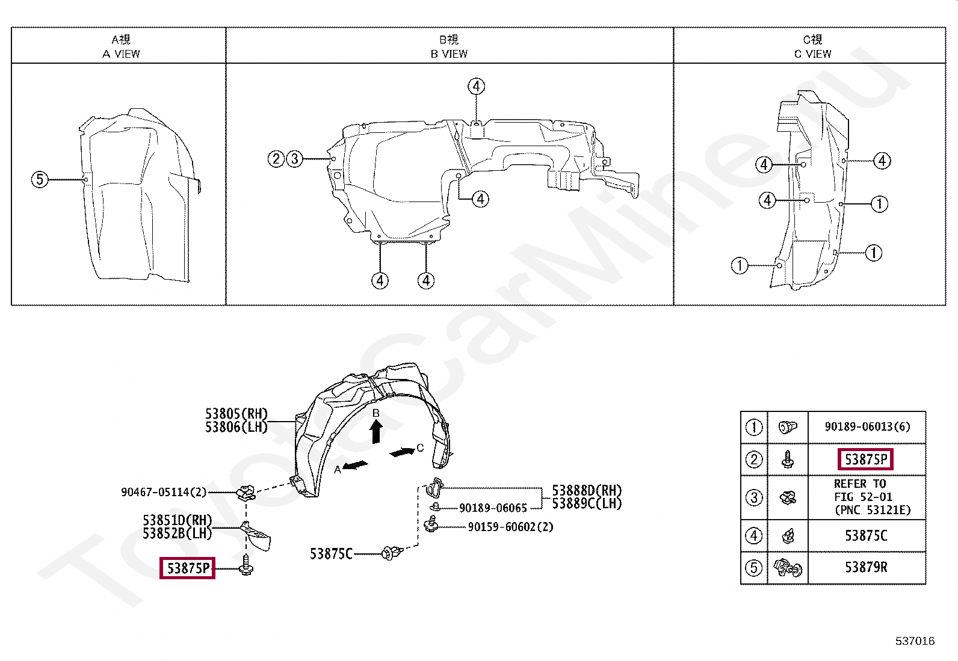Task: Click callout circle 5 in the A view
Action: tap(40, 179)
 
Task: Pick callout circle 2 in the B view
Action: tap(276, 159)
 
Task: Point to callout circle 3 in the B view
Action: tap(294, 159)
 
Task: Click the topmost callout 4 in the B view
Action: tap(476, 86)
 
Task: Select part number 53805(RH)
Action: tap(236, 414)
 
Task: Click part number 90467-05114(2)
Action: tap(164, 492)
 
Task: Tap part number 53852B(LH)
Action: tap(178, 533)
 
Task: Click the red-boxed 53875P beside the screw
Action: tap(187, 568)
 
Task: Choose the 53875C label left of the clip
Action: tap(331, 554)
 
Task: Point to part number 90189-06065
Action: tap(493, 508)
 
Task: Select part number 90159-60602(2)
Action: tap(510, 527)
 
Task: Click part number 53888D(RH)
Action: tap(587, 491)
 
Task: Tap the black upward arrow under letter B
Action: tap(376, 431)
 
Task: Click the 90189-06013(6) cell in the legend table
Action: tap(867, 427)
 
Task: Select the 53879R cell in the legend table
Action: tap(866, 568)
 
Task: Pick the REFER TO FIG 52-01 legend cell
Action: tap(867, 497)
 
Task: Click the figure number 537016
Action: tap(915, 641)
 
